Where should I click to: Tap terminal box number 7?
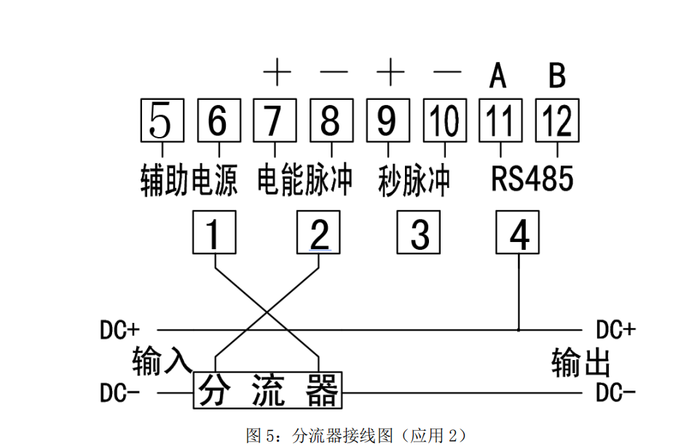[274, 120]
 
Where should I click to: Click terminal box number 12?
[557, 120]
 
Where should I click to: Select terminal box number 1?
[213, 232]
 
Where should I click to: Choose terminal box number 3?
[419, 232]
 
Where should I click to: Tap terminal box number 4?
[518, 232]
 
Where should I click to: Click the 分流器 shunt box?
[268, 391]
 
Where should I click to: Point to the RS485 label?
[532, 179]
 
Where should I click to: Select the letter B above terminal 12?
[557, 75]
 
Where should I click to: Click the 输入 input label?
[161, 360]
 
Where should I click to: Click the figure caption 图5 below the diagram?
[356, 436]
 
